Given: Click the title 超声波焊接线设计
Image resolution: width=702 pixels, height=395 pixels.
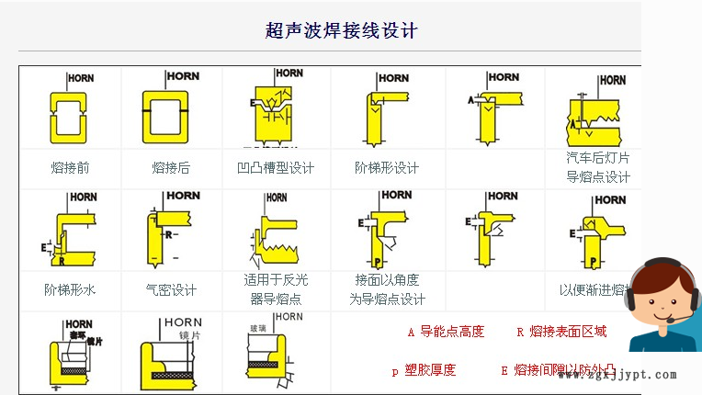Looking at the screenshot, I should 342,30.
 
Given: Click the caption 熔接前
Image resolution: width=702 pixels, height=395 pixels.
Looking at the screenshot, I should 71,167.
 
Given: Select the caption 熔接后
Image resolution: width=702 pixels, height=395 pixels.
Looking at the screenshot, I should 171,167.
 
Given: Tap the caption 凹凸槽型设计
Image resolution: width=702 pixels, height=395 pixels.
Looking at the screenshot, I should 276,167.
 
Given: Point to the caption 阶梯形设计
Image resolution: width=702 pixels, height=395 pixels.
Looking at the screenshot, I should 387,167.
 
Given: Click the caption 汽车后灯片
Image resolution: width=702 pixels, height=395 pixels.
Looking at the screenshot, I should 597,157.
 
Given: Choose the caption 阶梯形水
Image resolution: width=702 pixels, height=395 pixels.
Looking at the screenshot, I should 70,289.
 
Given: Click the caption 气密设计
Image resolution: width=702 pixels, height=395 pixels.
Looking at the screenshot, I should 171,289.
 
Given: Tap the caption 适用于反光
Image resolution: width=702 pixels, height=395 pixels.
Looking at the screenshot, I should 276,280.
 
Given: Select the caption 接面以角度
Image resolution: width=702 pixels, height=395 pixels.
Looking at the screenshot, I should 387,280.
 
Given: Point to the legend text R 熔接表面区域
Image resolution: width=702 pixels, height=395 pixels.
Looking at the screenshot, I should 561,332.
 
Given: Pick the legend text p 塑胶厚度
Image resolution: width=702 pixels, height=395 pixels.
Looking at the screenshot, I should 424,370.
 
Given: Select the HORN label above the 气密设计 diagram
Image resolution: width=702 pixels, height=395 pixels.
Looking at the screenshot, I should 183,195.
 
